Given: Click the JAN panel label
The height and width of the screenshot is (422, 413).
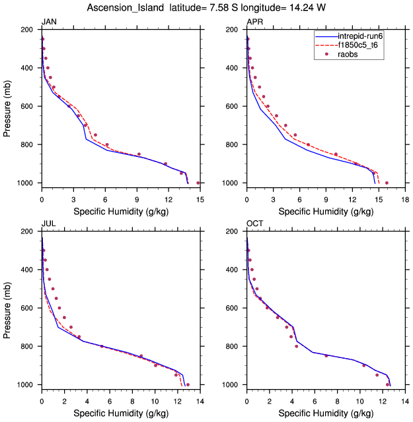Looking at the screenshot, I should [49, 22].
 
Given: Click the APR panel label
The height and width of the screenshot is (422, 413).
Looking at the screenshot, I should [254, 22].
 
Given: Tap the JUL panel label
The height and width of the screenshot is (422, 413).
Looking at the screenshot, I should [48, 224].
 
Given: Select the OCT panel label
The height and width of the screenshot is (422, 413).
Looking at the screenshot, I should [254, 224].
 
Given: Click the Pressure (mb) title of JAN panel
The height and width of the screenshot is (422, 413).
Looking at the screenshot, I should [7, 106].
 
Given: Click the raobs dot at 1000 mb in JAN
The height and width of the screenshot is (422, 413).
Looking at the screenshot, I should [198, 183].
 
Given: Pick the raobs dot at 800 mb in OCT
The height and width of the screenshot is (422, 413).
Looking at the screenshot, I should [296, 346].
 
